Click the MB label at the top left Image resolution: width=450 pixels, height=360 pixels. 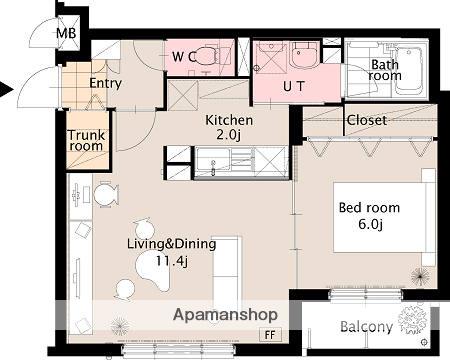(x=66, y=33)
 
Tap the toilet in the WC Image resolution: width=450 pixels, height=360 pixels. (x=207, y=56)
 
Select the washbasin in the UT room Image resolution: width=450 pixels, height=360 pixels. (x=303, y=55)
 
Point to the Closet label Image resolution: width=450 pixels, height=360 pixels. (x=367, y=120)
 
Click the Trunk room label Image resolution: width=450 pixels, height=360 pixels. (x=86, y=140)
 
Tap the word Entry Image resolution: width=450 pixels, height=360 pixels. (x=105, y=83)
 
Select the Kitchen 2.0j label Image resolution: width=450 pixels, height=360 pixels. (x=229, y=127)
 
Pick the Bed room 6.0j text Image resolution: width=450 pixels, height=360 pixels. (x=369, y=216)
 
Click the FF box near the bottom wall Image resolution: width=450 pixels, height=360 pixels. (x=270, y=335)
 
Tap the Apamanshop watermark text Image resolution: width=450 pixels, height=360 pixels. (x=225, y=315)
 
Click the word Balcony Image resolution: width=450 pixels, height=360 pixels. (x=366, y=327)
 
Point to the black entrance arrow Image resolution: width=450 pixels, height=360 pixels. (x=6, y=90)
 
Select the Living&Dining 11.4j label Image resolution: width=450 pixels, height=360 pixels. (x=172, y=252)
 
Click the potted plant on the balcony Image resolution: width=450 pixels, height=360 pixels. (x=413, y=320)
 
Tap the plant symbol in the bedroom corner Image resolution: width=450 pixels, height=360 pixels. (x=420, y=277)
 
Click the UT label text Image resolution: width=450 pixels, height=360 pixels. (x=294, y=86)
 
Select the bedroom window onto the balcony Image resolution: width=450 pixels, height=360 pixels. (x=366, y=295)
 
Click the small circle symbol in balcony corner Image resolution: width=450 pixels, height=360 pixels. (x=424, y=342)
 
